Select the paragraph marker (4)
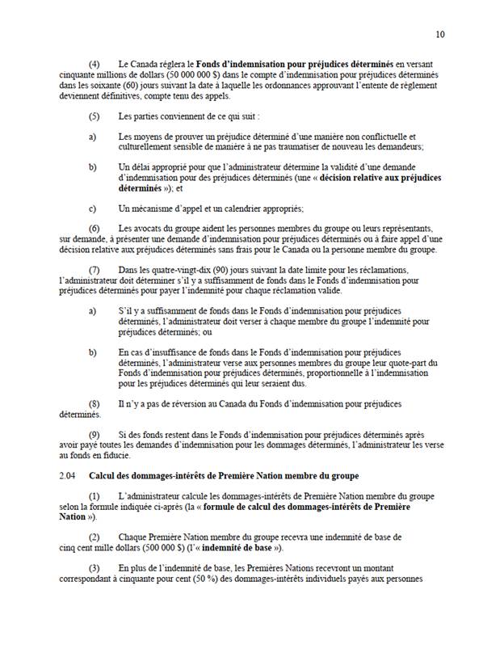pyautogui.click(x=94, y=62)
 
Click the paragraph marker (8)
pyautogui.click(x=94, y=403)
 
